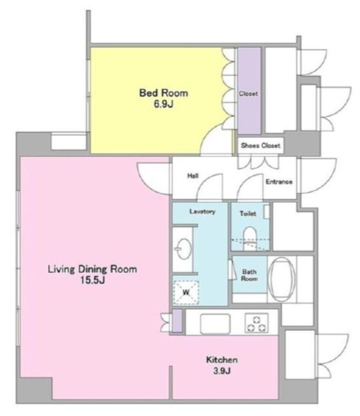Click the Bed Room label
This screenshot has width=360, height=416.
coord(164,92)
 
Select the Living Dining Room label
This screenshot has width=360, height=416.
coord(92,269)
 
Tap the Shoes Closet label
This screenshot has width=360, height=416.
coord(261,145)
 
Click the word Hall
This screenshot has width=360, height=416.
coord(194,177)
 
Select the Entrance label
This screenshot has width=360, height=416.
coord(279,182)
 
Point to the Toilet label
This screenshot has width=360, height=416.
coord(248,214)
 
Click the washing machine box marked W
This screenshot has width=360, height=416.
coord(187,293)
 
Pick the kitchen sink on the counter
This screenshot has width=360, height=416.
coord(214,324)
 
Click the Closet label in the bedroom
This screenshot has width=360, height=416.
coord(248,94)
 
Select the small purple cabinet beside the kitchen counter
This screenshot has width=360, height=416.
coord(177,321)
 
